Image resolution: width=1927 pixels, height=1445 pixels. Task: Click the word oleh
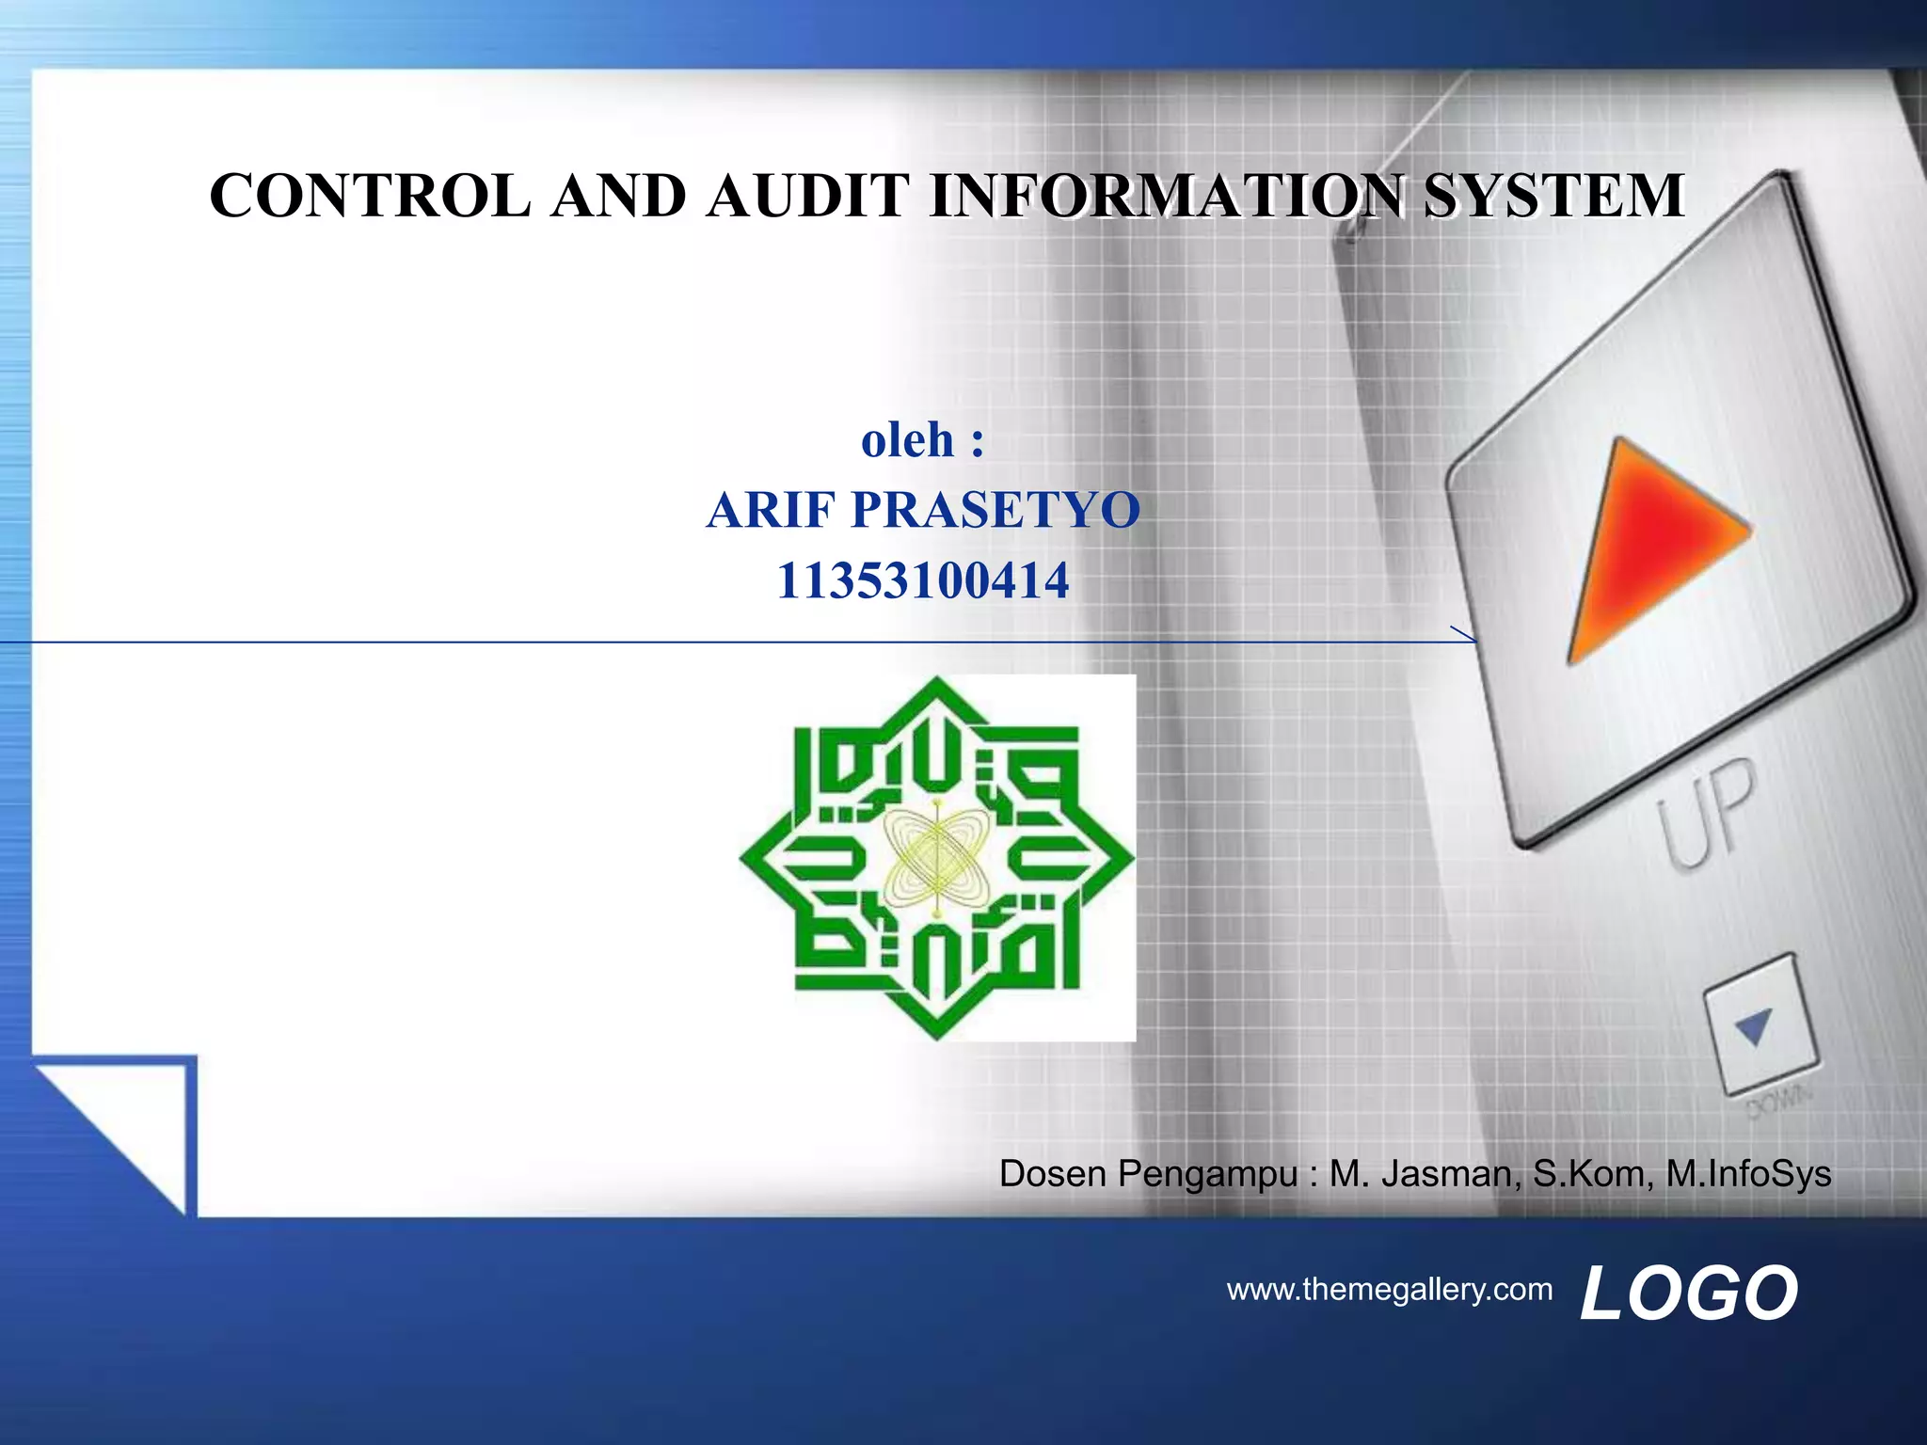click(x=907, y=440)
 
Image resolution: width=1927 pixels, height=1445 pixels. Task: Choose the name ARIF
click(x=771, y=510)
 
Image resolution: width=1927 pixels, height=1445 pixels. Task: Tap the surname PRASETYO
click(x=995, y=510)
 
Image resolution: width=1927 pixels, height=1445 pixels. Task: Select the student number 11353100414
click(x=922, y=580)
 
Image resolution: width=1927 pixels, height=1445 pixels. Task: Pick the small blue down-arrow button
click(x=1756, y=1026)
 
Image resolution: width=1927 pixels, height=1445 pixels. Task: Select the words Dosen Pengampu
click(x=1148, y=1174)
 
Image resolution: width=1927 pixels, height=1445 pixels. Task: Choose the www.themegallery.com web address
click(x=1390, y=1289)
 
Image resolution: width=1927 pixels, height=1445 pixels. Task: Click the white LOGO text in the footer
click(x=1689, y=1294)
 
